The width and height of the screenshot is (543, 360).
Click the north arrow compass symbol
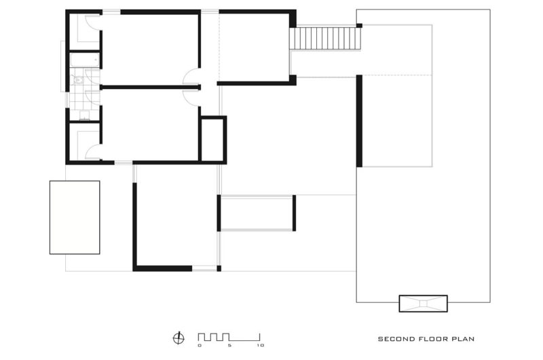tap(179, 338)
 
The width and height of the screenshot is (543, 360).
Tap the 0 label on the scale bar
tap(200, 345)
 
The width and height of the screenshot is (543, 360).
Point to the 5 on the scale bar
tap(229, 345)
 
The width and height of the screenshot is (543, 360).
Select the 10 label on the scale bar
tap(261, 345)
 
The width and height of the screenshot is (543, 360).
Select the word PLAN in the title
tap(464, 339)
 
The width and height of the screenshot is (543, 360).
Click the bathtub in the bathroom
tap(85, 60)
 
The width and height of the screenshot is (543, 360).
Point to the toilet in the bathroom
tap(78, 80)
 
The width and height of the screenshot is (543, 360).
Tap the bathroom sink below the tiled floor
tap(84, 115)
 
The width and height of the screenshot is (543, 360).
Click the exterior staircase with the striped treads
tap(326, 39)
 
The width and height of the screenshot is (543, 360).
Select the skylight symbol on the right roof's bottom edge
tap(423, 304)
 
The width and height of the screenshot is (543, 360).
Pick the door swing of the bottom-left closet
tap(93, 151)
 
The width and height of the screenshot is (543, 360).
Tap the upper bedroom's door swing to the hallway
tap(191, 76)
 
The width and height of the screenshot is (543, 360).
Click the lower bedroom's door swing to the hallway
tap(191, 98)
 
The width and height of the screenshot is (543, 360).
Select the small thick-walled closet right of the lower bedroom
tap(212, 139)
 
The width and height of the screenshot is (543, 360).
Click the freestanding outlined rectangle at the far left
tap(75, 217)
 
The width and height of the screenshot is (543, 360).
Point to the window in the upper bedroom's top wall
tap(111, 12)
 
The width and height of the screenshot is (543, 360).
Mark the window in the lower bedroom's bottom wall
tap(124, 162)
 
